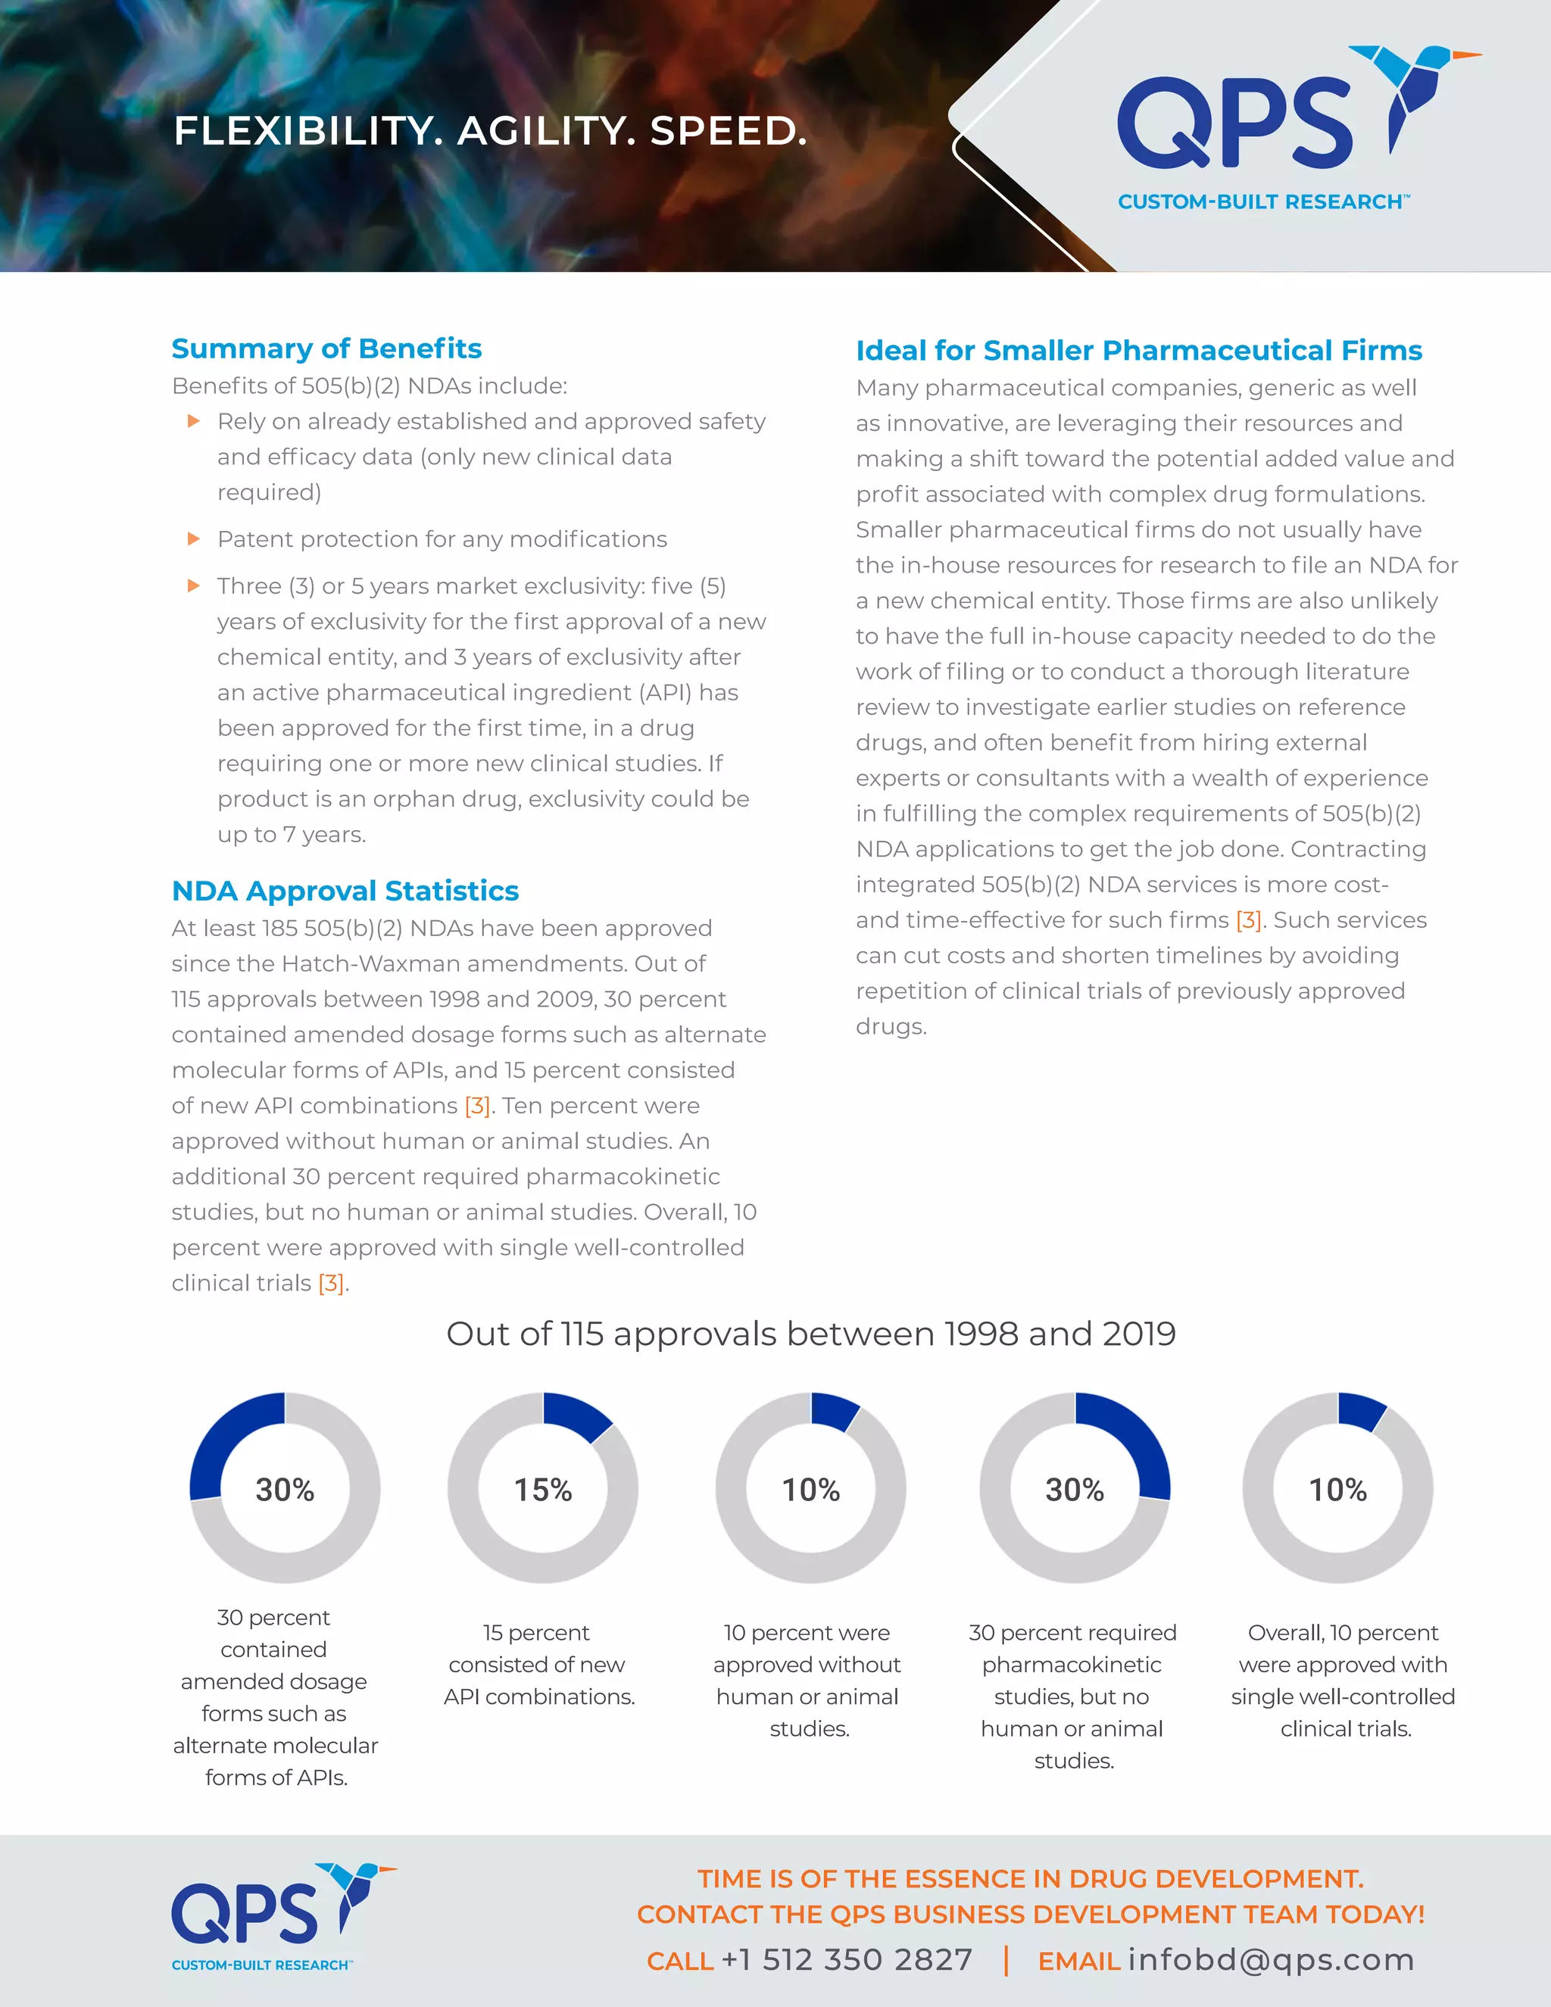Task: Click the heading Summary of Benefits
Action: pos(326,349)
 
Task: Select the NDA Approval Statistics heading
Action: pos(345,891)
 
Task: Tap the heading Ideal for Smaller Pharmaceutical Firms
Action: pos(1138,351)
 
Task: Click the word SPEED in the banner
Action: pos(728,132)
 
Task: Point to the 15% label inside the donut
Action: pos(543,1490)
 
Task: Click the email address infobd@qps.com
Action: pos(1271,1959)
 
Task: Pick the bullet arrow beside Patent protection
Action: pos(194,538)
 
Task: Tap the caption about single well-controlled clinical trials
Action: pos(1343,1680)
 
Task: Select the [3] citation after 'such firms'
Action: pos(1248,920)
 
